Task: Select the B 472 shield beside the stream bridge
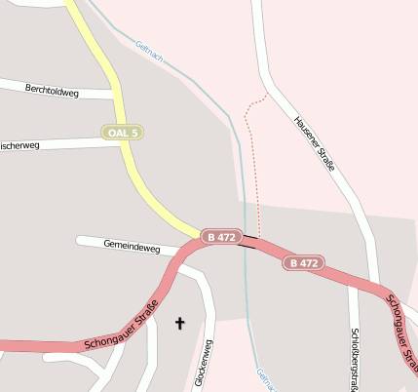click(221, 237)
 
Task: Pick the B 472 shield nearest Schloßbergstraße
click(303, 263)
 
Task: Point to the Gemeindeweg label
click(131, 248)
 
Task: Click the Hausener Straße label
click(314, 143)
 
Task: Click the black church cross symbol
click(179, 322)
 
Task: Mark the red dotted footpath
click(257, 166)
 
